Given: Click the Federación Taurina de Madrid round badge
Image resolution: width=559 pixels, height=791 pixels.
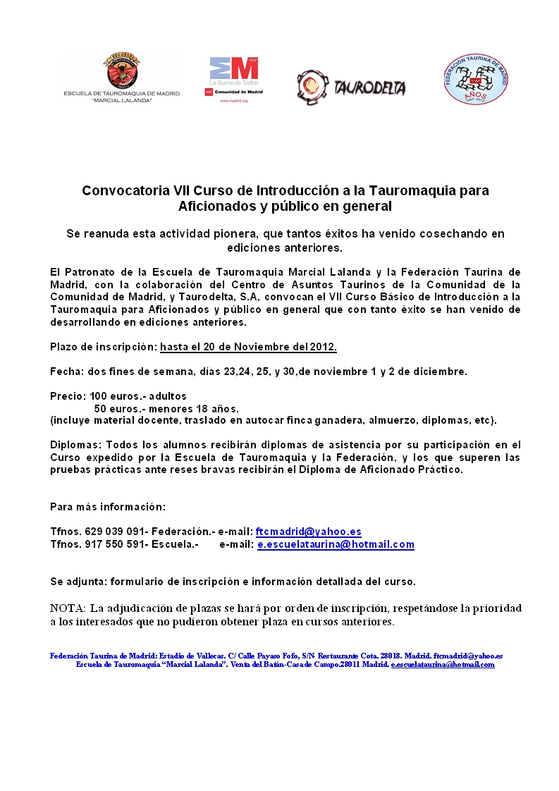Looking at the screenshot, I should coord(477,79).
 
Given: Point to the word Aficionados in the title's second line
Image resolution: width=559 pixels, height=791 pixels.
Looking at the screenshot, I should coord(215,207).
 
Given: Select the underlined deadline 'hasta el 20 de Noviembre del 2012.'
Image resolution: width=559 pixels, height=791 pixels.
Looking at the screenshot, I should coord(248,347).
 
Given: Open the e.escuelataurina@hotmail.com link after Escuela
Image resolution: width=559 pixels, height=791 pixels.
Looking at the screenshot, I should coord(336,544).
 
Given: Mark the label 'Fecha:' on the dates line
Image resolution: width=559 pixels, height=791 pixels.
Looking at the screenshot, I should coord(66,372).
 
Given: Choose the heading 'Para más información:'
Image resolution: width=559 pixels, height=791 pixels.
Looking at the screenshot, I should coord(108,507).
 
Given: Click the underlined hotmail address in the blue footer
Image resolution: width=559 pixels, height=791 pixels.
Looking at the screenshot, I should coord(443,665).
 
